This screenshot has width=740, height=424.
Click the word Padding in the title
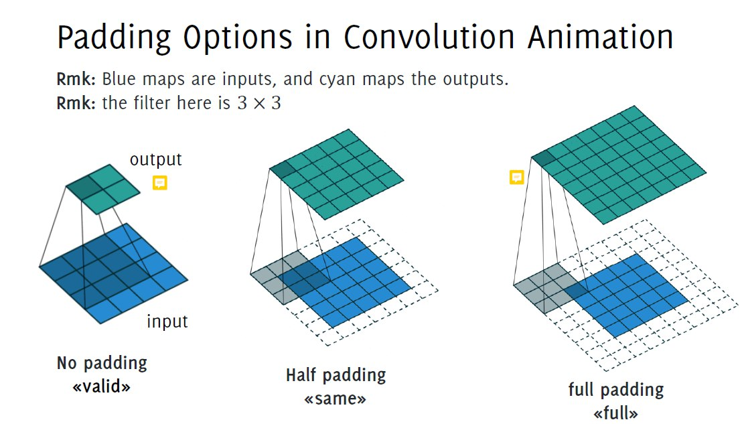click(x=114, y=37)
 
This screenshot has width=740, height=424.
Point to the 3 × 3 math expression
click(x=259, y=103)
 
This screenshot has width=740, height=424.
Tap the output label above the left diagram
click(x=156, y=159)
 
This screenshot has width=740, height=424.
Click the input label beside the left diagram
click(x=167, y=321)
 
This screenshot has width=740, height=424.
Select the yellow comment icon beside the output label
click(x=160, y=183)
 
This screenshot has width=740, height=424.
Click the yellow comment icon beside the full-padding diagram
click(x=517, y=177)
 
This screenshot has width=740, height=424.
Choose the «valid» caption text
click(x=102, y=386)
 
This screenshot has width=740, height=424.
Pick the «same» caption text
click(x=335, y=399)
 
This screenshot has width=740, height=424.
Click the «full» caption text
click(x=616, y=413)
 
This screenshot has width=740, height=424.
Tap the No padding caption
click(x=102, y=363)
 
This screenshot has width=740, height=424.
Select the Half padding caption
click(x=336, y=375)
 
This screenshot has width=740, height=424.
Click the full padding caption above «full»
click(x=616, y=390)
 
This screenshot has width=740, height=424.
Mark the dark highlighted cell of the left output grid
click(x=86, y=188)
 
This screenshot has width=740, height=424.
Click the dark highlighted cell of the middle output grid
click(x=282, y=169)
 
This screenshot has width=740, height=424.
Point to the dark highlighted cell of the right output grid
click(x=544, y=158)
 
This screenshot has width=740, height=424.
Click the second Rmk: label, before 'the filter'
click(x=76, y=103)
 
